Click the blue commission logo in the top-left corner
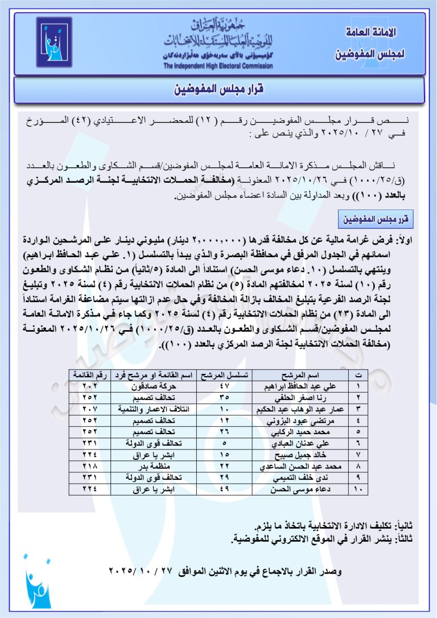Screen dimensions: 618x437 tap(54, 42)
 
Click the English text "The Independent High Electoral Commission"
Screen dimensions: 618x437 tap(217, 66)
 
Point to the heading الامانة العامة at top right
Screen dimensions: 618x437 tap(370, 32)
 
